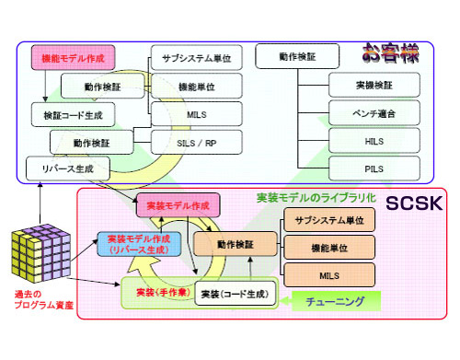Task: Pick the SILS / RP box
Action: tap(196, 143)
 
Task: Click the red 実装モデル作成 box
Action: tap(173, 205)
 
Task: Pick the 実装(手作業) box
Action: tap(157, 294)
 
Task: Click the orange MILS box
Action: tap(329, 273)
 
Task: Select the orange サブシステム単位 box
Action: tap(329, 221)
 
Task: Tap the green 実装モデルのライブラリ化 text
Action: tap(315, 197)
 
